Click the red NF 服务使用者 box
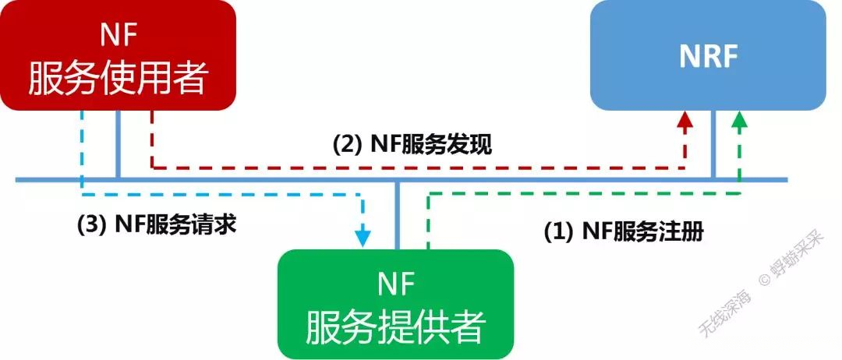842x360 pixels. tap(119, 55)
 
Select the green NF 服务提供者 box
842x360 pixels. tap(396, 304)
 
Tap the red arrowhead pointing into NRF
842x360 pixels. tap(685, 119)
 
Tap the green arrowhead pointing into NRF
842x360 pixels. tap(739, 119)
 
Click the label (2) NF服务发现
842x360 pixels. tap(412, 145)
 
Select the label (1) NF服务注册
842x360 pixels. tap(623, 232)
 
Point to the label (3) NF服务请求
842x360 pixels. tap(156, 224)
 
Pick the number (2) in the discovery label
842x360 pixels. tap(345, 145)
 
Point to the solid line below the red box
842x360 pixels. tap(118, 144)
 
